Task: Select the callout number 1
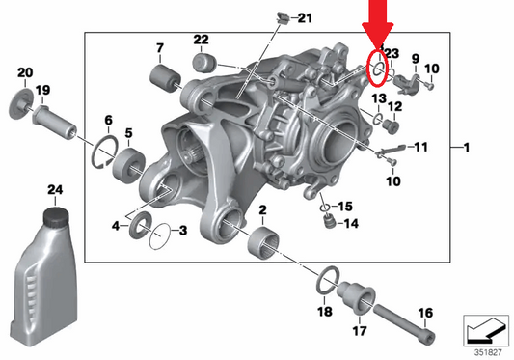click(x=467, y=148)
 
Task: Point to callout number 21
click(x=305, y=18)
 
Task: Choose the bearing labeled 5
click(x=127, y=168)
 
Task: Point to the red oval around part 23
click(x=378, y=69)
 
